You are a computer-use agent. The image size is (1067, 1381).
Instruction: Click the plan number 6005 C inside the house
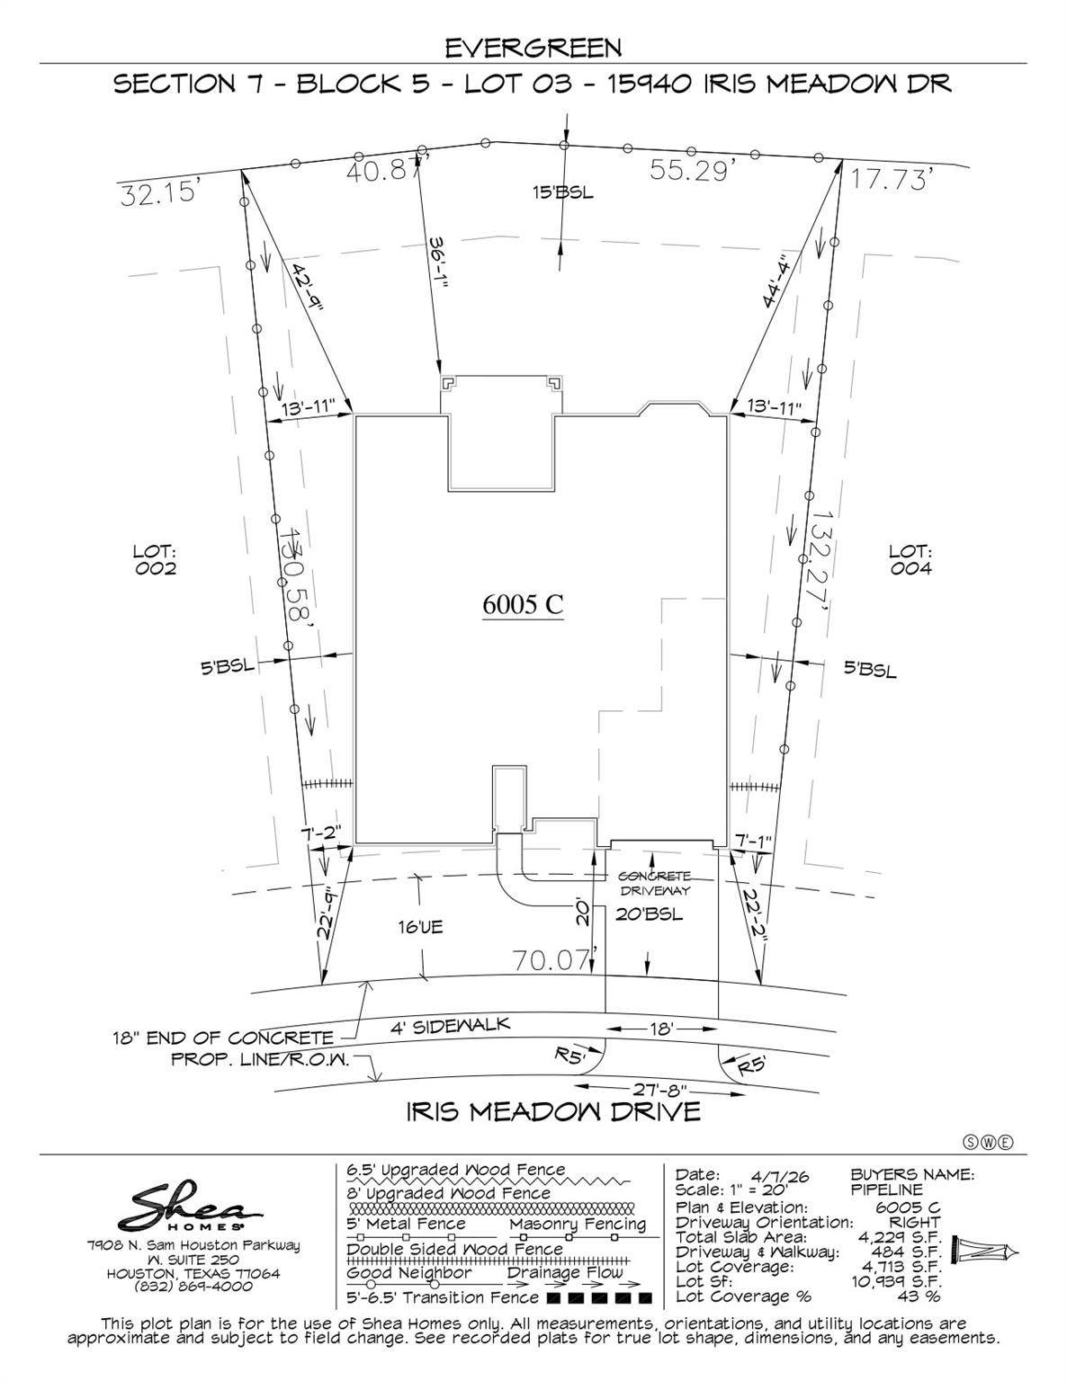[x=523, y=604]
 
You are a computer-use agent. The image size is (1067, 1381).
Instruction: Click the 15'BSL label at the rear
[x=563, y=192]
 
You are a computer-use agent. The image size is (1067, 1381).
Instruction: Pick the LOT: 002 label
[x=155, y=559]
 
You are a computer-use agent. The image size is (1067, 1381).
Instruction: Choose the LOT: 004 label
[x=910, y=559]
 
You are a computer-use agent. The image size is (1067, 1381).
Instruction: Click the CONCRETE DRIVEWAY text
[x=655, y=884]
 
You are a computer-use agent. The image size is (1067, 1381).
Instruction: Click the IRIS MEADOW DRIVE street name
[x=553, y=1112]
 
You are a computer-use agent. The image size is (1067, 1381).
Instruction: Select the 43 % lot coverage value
[x=919, y=1296]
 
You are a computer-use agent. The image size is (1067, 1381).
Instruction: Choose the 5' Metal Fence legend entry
[x=407, y=1224]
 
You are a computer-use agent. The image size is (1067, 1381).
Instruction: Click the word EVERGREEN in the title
[x=533, y=49]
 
